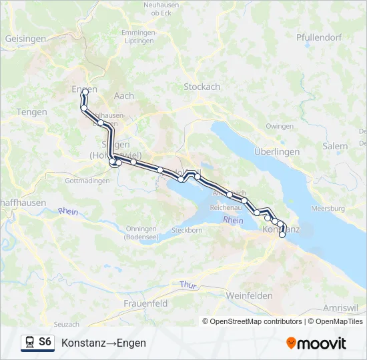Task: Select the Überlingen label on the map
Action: [x=277, y=152]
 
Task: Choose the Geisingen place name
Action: [x=25, y=39]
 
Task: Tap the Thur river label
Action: [x=188, y=285]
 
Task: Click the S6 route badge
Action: [x=45, y=343]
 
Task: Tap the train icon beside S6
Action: [x=29, y=343]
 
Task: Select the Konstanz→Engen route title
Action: [x=103, y=343]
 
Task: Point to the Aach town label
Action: [x=124, y=96]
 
